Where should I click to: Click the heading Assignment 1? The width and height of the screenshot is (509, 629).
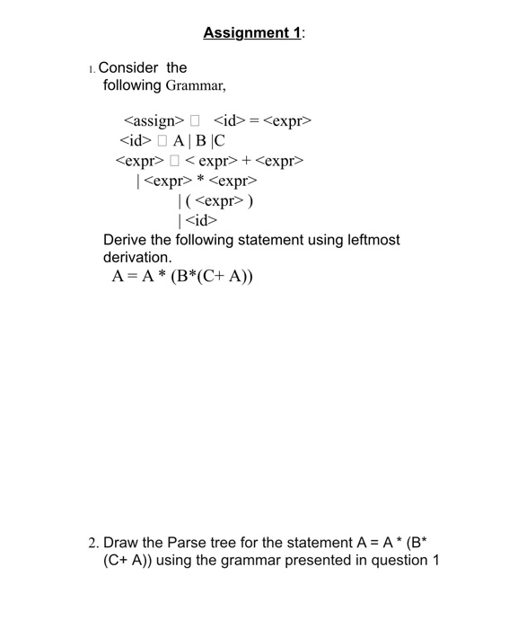point(252,33)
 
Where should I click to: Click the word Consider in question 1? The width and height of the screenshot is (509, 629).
point(128,67)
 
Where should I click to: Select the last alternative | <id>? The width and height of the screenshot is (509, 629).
point(198,220)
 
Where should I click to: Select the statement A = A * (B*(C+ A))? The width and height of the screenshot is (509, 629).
point(183,277)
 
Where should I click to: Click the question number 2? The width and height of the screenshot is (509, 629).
point(93,543)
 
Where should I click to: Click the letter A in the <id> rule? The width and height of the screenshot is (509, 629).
point(179,141)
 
